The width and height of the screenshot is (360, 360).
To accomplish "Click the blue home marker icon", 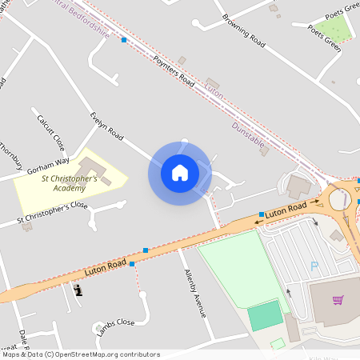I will tap(180, 173).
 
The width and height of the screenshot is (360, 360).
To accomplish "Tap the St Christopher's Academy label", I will tap(70, 183).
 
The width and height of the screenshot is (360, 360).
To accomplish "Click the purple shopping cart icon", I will tap(338, 300).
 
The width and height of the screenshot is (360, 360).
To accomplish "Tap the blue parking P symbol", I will tap(314, 266).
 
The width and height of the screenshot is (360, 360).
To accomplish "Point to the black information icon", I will tap(78, 289).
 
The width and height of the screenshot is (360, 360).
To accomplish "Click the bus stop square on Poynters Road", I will tap(124, 39).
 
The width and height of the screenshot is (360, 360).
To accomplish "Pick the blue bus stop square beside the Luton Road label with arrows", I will tap(262, 214).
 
